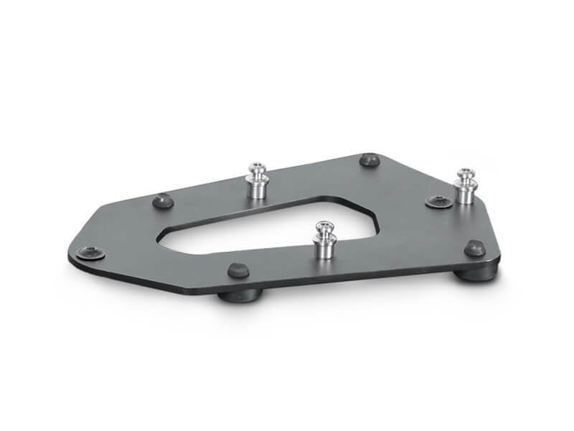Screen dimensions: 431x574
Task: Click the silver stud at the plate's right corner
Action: pyautogui.click(x=465, y=185)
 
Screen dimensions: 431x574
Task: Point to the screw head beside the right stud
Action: pyautogui.click(x=438, y=202)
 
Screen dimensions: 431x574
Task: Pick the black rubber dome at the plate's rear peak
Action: pyautogui.click(x=370, y=159)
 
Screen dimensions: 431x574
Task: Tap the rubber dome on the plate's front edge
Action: pyautogui.click(x=237, y=270)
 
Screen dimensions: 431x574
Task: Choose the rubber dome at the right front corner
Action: pyautogui.click(x=474, y=249)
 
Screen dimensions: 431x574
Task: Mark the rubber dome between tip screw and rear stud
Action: pyautogui.click(x=164, y=201)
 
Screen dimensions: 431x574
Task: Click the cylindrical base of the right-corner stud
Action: pyautogui.click(x=466, y=193)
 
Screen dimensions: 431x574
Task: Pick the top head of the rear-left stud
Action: pyautogui.click(x=257, y=168)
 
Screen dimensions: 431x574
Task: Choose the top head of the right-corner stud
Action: pyautogui.click(x=464, y=172)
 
